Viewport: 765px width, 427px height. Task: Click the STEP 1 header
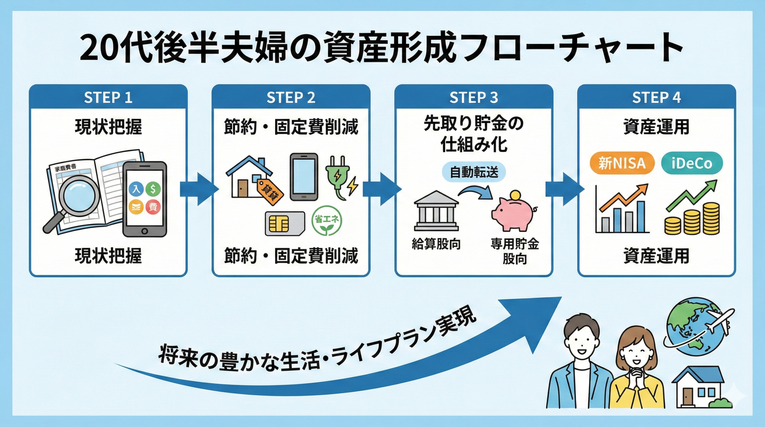pyautogui.click(x=108, y=97)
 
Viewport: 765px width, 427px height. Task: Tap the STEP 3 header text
pyautogui.click(x=474, y=97)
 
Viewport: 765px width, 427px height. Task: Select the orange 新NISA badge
pyautogui.click(x=622, y=163)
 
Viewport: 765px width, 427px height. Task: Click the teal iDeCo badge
pyautogui.click(x=692, y=163)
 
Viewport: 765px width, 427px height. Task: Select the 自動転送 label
pyautogui.click(x=474, y=172)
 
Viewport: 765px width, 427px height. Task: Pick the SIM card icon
pyautogui.click(x=285, y=224)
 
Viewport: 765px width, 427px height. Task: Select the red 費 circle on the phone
pyautogui.click(x=153, y=207)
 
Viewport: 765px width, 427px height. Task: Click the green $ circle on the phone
pyautogui.click(x=153, y=189)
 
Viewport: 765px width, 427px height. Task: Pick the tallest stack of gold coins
pyautogui.click(x=711, y=218)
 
